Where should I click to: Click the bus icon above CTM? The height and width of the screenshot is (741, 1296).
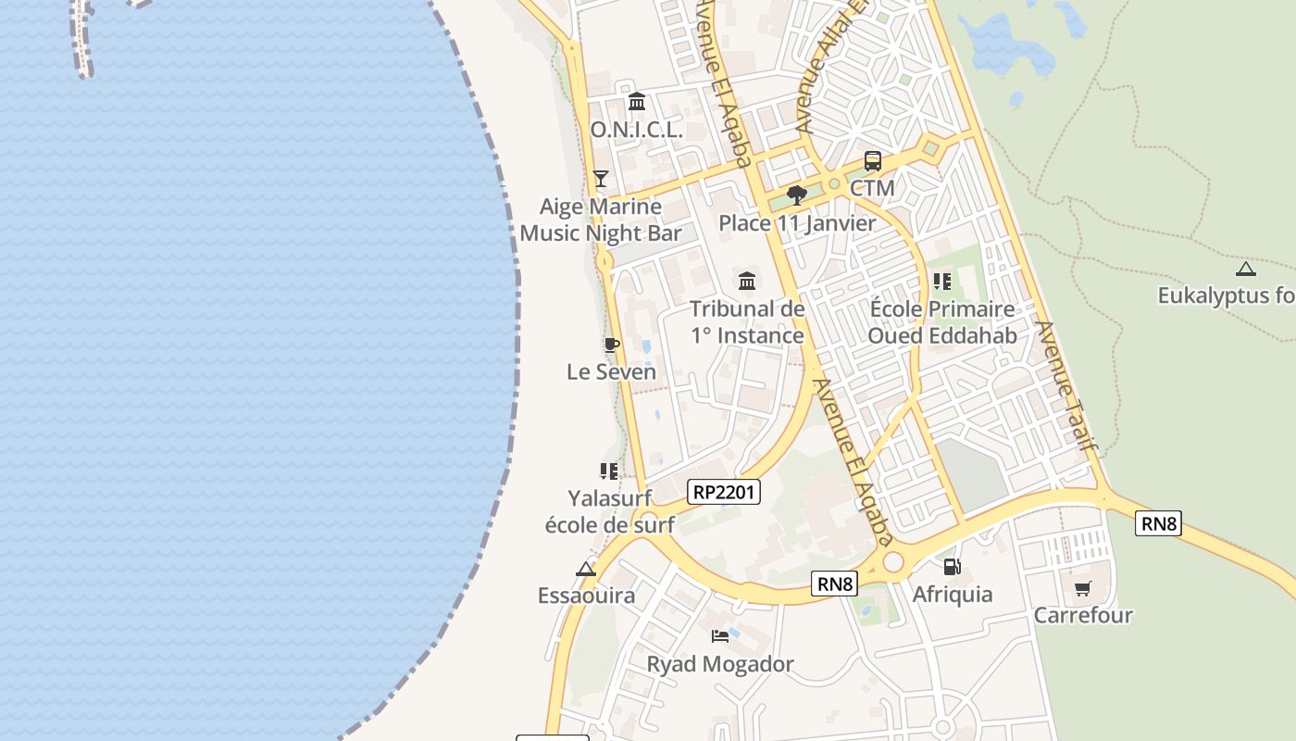click(872, 161)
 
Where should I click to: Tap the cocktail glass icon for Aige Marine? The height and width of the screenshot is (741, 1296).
click(601, 178)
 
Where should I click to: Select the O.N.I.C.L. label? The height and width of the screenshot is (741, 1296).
click(636, 130)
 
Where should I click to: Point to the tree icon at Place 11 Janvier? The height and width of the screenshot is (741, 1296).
click(796, 195)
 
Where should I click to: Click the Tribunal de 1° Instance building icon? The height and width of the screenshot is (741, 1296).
click(746, 280)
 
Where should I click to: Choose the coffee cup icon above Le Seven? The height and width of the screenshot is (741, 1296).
click(611, 345)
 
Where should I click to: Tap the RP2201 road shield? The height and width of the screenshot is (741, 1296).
click(725, 492)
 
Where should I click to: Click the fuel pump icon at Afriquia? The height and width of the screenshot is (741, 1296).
click(952, 567)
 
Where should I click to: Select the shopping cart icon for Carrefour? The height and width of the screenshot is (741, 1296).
click(1082, 588)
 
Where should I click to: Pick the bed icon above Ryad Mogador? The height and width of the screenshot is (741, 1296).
click(720, 635)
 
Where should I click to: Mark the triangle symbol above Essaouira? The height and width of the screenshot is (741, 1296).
click(586, 569)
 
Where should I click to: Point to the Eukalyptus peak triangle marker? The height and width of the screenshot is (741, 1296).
click(1246, 270)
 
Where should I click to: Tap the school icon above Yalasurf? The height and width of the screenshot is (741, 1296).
click(608, 471)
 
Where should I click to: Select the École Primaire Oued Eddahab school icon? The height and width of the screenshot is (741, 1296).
click(941, 281)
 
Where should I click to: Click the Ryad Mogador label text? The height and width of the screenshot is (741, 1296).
click(720, 664)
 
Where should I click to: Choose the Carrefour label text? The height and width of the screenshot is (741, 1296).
click(1083, 615)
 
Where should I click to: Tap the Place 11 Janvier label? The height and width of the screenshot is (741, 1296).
click(797, 223)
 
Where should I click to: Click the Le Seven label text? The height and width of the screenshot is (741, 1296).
click(611, 371)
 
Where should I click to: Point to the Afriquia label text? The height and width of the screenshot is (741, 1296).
click(953, 594)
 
